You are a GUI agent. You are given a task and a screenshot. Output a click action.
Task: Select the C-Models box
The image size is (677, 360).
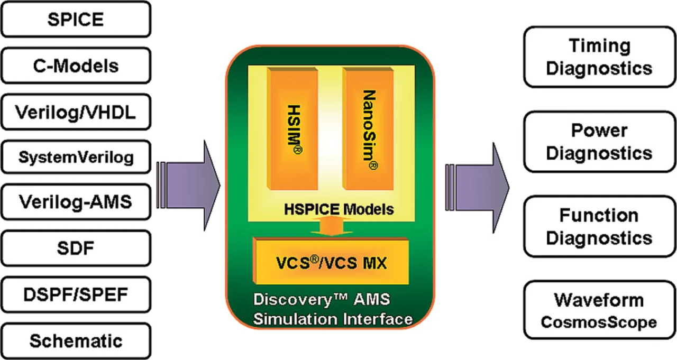point(75,66)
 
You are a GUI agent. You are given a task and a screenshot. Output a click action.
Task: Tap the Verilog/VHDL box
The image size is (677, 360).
point(75,112)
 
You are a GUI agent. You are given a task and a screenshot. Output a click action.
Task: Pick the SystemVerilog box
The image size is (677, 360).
point(75,157)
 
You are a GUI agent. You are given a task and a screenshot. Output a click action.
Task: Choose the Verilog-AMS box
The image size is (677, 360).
point(75,202)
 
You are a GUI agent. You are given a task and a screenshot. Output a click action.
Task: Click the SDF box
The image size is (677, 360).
point(75,247)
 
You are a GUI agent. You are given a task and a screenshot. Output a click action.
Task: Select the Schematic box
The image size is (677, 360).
point(75,340)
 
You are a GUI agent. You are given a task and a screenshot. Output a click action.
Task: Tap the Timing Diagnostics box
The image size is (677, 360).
point(599,57)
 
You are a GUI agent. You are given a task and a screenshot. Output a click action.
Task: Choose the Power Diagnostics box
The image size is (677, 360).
point(599,141)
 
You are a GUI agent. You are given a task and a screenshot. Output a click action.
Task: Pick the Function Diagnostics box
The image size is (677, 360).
point(599,226)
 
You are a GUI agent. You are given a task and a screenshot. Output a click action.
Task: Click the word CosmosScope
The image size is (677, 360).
point(599,322)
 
